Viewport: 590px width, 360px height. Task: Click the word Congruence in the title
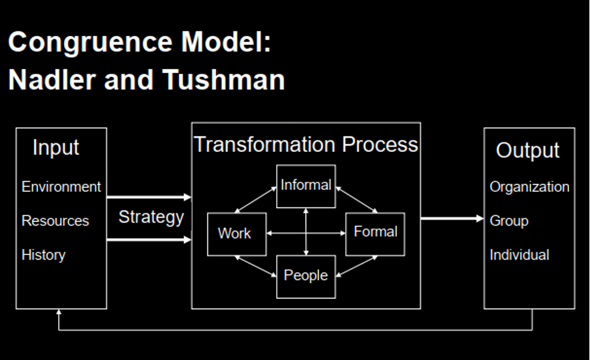[x=90, y=44]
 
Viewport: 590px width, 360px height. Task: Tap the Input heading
[x=56, y=148]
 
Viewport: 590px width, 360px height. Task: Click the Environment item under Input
[x=61, y=187]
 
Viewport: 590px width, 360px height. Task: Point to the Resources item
[x=55, y=220]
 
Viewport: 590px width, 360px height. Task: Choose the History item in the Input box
[x=44, y=254]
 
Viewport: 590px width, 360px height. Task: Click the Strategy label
[x=151, y=217]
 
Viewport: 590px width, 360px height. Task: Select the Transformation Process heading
[x=305, y=144]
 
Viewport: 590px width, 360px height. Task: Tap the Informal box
[x=305, y=185]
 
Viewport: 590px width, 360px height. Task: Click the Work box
[x=236, y=233]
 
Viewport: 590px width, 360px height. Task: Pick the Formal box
[x=375, y=232]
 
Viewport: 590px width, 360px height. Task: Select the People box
[x=305, y=275]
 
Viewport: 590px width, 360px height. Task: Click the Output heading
[x=527, y=150]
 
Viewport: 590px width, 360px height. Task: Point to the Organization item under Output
[x=529, y=187]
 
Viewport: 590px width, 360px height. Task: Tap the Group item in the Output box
[x=509, y=220]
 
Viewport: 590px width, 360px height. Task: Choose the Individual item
[x=520, y=254]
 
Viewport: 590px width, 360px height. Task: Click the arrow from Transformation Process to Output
[x=452, y=218]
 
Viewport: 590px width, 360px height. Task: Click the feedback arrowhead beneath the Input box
[x=59, y=313]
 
